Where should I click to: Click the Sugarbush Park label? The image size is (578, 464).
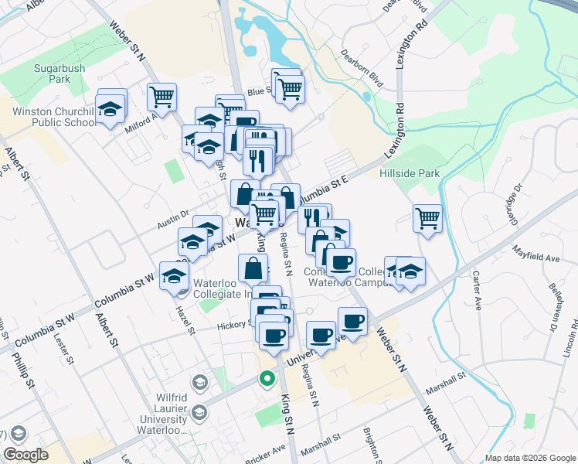click(59, 73)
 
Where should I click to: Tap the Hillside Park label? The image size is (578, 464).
click(409, 174)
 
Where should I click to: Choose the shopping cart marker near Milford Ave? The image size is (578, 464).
click(161, 97)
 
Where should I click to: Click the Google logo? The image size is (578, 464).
click(25, 455)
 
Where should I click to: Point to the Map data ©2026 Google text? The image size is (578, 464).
click(529, 458)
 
